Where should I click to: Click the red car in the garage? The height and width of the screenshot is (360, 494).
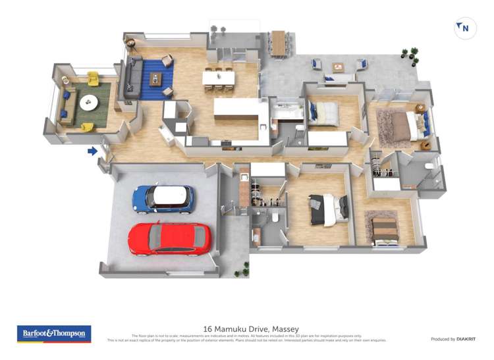170,238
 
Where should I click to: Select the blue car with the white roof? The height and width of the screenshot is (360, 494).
163,198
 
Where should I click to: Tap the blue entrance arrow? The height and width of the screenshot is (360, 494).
93,151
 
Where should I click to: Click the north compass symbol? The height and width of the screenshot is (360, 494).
465,28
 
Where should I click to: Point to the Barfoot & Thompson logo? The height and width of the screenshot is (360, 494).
53,334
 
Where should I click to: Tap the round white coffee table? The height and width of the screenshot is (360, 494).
88,103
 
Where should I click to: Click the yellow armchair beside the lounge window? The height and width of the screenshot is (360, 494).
93,78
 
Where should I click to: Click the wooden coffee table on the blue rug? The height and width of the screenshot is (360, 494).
155,80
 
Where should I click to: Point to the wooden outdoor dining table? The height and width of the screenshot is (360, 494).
279,43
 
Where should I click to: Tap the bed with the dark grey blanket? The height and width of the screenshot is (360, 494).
328,209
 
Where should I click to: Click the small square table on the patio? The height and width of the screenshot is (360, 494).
338,66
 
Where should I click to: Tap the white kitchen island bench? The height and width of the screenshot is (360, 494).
236,109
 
